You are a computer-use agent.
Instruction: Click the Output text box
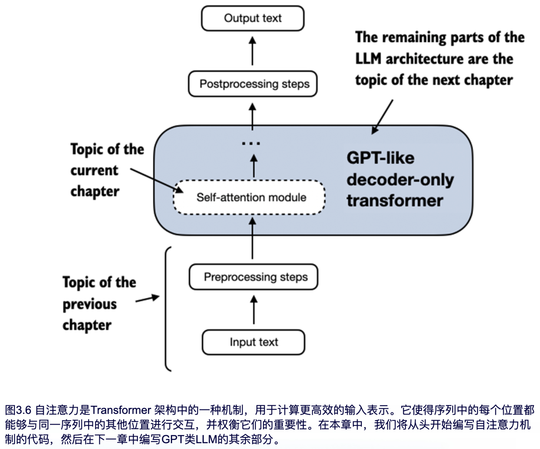pos(253,18)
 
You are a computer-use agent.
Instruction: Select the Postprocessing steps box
pos(253,84)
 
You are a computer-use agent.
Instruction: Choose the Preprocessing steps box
pos(254,277)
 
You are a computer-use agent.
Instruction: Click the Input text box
pos(254,342)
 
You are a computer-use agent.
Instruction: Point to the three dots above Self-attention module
pos(251,143)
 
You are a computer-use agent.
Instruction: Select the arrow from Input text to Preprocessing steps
pos(254,310)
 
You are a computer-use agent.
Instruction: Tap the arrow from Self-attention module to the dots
pos(254,166)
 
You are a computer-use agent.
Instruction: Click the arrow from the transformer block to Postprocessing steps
pos(253,117)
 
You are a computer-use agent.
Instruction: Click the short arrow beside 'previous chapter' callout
pos(147,299)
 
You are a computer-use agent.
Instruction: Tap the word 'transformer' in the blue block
pos(395,201)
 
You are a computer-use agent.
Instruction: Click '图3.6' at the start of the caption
pos(18,410)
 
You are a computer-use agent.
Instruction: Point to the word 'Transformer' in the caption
pos(121,410)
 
